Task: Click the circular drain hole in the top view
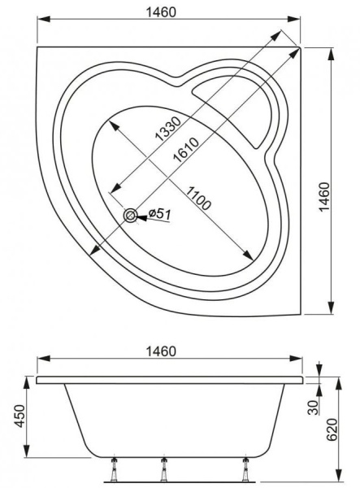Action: [131, 215]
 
